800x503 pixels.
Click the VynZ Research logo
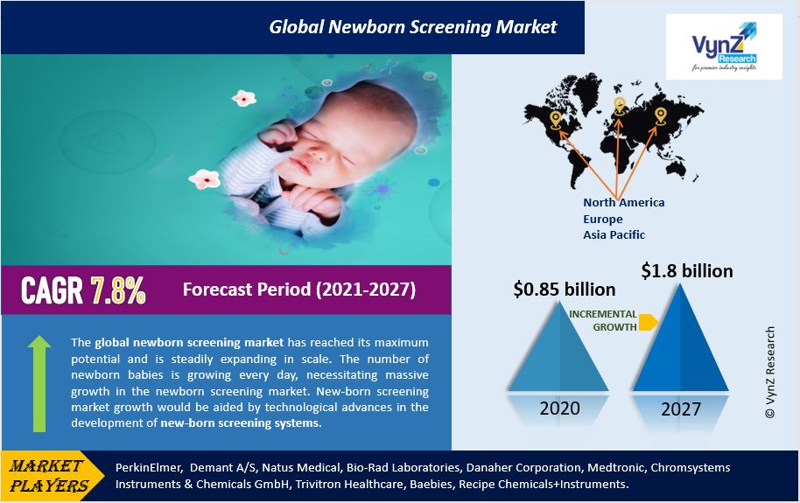724,47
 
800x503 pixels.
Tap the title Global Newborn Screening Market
413,26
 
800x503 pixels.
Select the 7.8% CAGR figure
118,290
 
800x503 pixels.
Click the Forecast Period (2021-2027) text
299,290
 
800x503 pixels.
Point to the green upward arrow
39,384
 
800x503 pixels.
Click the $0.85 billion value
565,290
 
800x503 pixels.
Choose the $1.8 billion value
687,271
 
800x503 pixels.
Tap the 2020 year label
559,409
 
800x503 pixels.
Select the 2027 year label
681,409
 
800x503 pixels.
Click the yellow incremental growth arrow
648,323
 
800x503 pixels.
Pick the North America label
624,203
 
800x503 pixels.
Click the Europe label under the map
603,219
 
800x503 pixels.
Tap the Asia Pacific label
614,234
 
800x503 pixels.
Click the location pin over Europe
619,106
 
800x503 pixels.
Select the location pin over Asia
661,115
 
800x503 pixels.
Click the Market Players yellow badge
52,476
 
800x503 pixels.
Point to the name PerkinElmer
148,468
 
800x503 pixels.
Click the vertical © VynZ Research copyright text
770,373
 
